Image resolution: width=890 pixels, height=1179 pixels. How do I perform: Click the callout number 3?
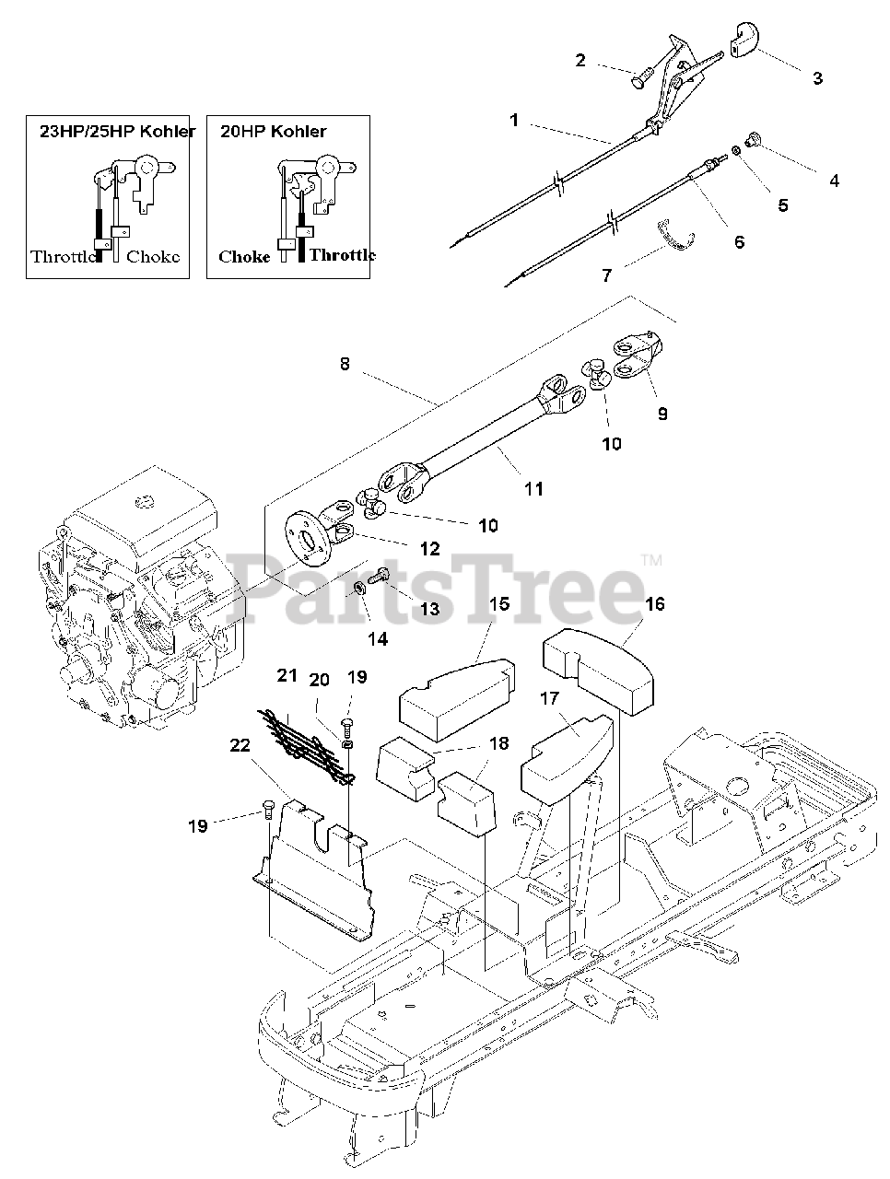click(x=817, y=78)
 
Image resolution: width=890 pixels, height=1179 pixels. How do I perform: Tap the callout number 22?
click(x=240, y=746)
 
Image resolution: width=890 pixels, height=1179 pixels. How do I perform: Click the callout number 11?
click(x=533, y=489)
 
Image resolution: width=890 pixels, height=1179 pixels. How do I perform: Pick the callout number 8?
click(x=345, y=364)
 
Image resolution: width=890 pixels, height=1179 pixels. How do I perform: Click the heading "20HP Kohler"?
click(x=274, y=132)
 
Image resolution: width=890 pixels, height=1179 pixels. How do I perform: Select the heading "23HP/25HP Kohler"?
click(x=117, y=132)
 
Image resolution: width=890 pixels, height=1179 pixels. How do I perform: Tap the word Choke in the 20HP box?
click(x=244, y=257)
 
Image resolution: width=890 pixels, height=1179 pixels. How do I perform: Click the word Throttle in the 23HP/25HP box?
click(x=64, y=257)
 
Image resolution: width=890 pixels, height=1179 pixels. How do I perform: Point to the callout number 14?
click(x=377, y=638)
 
